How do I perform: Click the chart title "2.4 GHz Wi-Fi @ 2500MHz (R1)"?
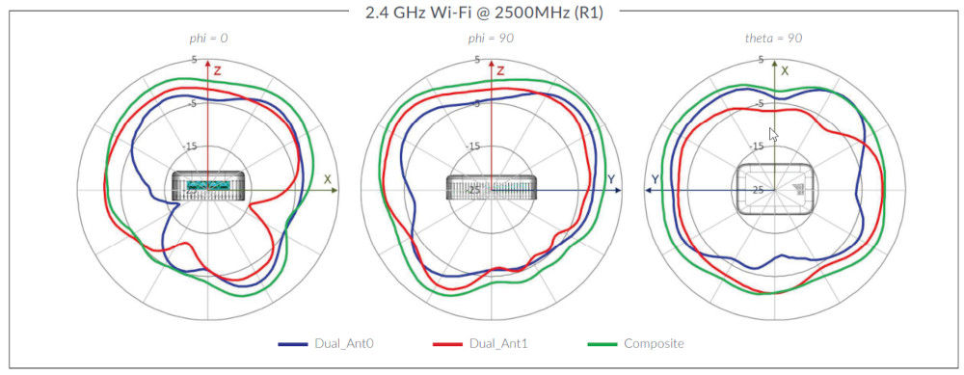point(483,13)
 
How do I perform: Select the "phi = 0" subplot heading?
point(208,39)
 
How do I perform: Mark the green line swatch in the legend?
point(604,344)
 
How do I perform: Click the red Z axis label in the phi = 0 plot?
point(218,70)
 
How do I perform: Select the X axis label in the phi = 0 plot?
point(328,179)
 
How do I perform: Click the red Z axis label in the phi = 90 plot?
point(500,71)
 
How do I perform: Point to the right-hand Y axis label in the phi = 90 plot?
point(610,179)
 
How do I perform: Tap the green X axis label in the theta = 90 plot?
point(785,70)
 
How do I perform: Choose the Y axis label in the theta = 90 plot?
point(656,179)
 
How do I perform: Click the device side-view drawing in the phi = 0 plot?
point(208,185)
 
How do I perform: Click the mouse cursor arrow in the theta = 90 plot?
point(772,134)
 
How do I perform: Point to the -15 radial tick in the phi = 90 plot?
point(473,146)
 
